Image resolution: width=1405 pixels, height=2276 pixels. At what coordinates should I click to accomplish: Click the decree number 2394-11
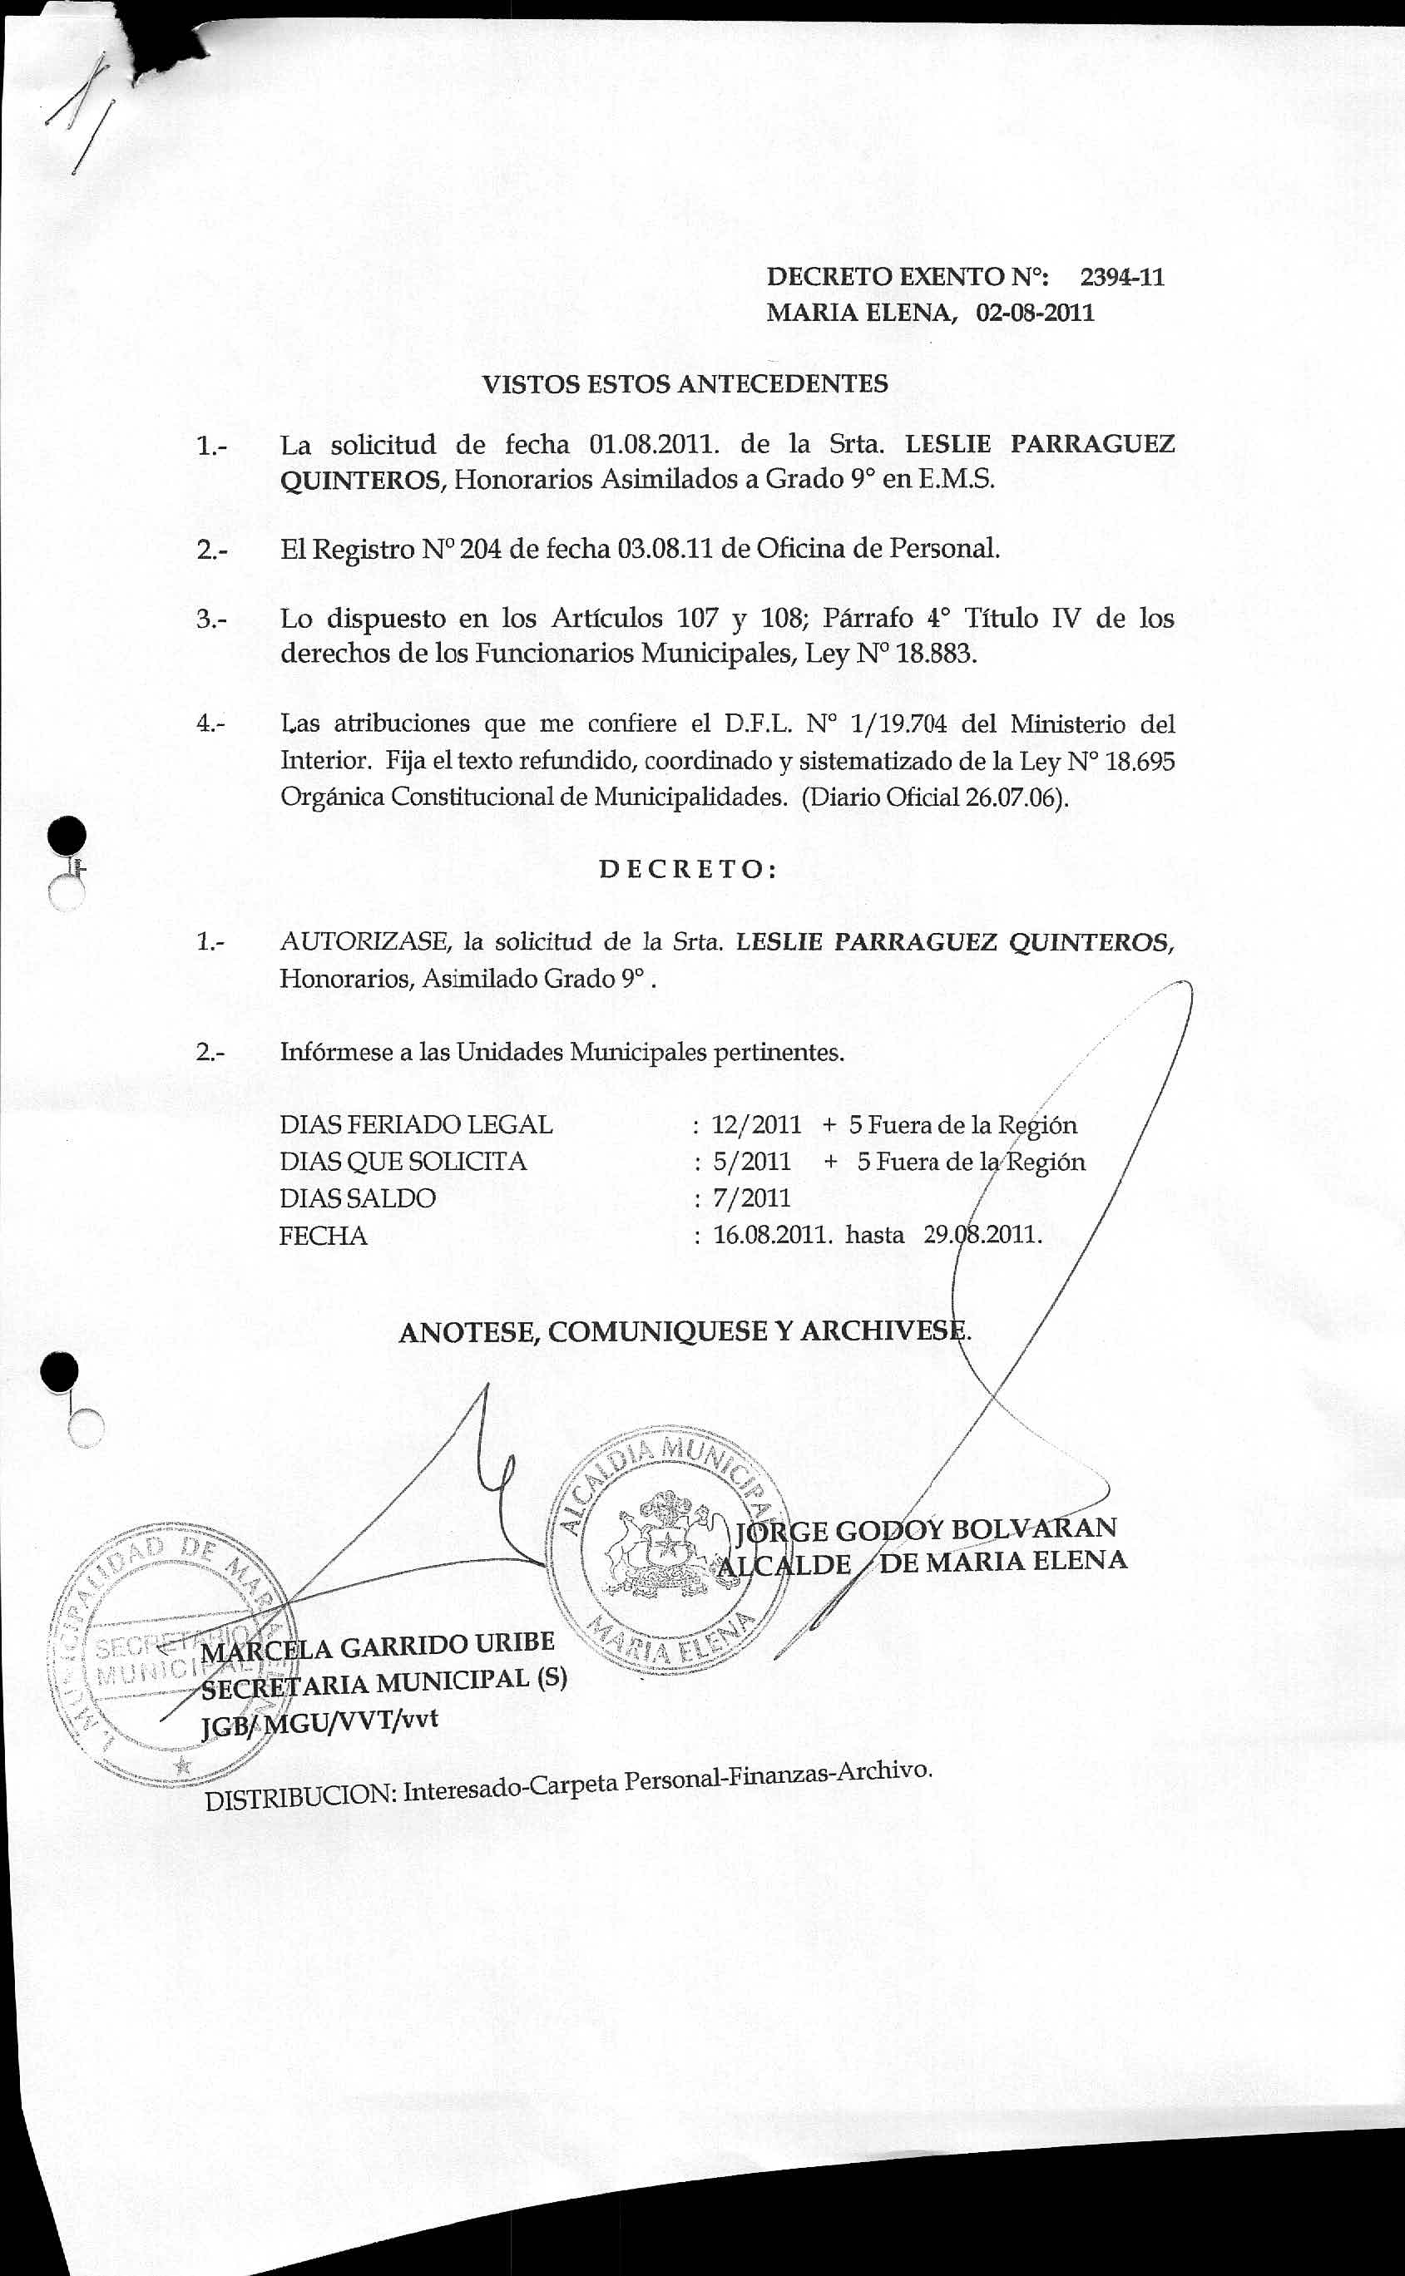tap(1121, 277)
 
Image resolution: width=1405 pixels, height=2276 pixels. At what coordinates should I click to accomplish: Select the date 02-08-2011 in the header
tap(1034, 312)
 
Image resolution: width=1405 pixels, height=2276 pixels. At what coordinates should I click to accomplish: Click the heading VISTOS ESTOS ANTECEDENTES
tap(685, 383)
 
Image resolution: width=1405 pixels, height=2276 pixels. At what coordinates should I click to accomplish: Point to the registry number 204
tap(481, 549)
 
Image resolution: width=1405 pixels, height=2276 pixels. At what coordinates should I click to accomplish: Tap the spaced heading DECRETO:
tap(689, 870)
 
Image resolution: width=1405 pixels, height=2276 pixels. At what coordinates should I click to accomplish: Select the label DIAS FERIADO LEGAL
tap(415, 1125)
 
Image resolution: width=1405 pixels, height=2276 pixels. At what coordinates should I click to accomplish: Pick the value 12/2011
tap(755, 1125)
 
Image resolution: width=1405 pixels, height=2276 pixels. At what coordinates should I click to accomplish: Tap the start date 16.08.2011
tap(771, 1236)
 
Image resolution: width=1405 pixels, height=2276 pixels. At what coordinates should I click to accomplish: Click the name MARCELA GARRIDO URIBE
tap(378, 1647)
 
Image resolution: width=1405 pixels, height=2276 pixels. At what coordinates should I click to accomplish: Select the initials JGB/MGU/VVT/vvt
tap(319, 1721)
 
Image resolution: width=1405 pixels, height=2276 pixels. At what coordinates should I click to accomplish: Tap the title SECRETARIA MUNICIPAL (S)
tap(383, 1683)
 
